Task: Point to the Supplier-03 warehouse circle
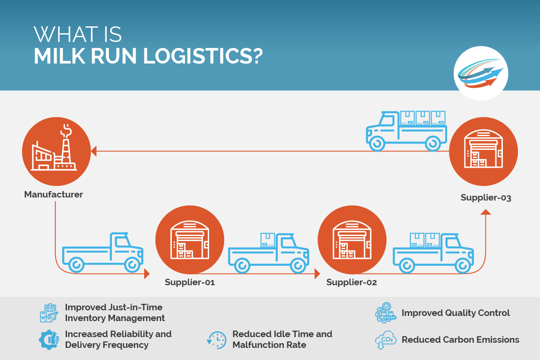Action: (483, 151)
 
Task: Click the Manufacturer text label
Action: (54, 194)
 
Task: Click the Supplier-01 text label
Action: (190, 283)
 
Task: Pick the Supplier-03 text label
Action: (486, 198)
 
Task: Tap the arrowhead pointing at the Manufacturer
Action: (94, 151)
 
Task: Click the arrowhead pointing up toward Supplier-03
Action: (486, 212)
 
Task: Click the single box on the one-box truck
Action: (267, 239)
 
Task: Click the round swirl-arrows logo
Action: (480, 73)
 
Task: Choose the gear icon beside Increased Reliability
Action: (49, 340)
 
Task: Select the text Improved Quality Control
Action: (455, 313)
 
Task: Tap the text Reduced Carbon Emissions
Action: (460, 340)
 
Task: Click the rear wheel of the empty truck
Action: (76, 264)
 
